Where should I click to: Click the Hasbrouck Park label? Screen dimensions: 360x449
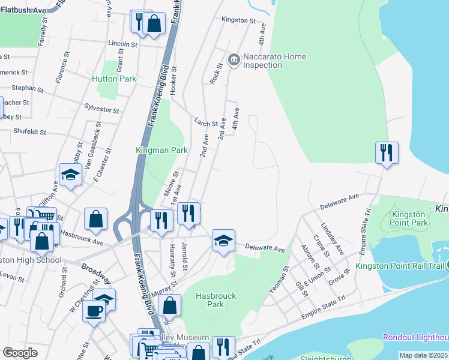[x=216, y=300]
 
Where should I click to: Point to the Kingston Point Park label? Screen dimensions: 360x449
[x=410, y=218]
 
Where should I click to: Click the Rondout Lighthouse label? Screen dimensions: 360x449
[x=415, y=338]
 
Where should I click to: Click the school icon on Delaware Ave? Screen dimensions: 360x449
[x=223, y=241]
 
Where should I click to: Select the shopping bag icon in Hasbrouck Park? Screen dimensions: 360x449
[x=170, y=305]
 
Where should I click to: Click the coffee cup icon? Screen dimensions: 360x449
[x=94, y=311]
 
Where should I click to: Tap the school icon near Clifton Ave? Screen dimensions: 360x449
[x=70, y=175]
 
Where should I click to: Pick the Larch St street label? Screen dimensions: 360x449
[x=206, y=122]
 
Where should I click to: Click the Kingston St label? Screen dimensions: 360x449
[x=238, y=20]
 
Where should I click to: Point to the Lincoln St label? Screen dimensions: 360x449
[x=123, y=44]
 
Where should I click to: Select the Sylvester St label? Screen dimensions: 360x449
[x=101, y=110]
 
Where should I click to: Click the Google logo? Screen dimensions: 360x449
[x=20, y=353]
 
